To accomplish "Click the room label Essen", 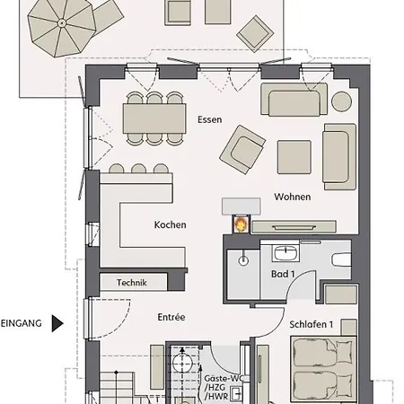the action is tap(210, 119).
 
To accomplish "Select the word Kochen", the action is tap(170, 224).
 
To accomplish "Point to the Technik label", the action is tap(132, 283).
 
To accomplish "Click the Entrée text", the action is tap(171, 317).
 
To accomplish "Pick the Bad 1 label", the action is tap(283, 274).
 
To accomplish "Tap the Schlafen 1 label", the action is tap(312, 324).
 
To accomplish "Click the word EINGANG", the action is tap(22, 323).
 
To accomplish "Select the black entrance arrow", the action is tap(57, 323).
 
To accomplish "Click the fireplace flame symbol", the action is tap(241, 224).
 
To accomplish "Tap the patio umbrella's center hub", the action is tap(62, 22).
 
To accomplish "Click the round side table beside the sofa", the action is tap(341, 101).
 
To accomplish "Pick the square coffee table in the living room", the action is tap(294, 157).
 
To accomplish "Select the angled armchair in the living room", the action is tap(242, 150).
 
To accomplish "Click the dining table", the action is tap(154, 119).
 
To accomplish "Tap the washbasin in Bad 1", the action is tap(285, 253).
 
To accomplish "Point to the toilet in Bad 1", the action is tap(341, 259).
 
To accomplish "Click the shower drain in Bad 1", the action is tap(243, 260).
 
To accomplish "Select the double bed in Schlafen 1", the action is tap(323, 369).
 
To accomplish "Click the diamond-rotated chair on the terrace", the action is tap(255, 34).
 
